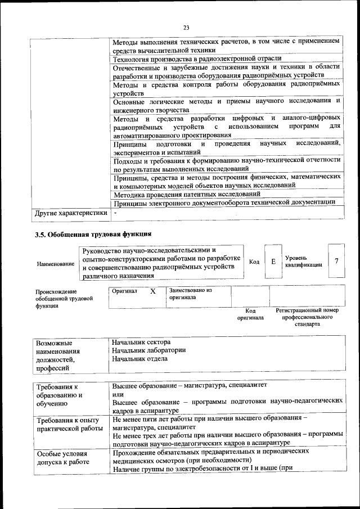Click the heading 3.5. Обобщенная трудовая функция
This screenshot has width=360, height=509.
pyautogui.click(x=93, y=233)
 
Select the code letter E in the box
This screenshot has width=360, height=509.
pyautogui.click(x=273, y=262)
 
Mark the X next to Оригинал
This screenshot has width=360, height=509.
pyautogui.click(x=152, y=291)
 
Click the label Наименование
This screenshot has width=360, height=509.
pyautogui.click(x=55, y=263)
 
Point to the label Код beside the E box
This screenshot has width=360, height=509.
pyautogui.click(x=254, y=262)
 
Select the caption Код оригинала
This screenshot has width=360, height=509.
pyautogui.click(x=250, y=314)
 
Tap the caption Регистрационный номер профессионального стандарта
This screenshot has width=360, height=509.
pyautogui.click(x=307, y=317)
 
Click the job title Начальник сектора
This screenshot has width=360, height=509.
pyautogui.click(x=141, y=342)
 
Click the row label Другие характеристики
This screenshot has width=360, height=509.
pyautogui.click(x=71, y=213)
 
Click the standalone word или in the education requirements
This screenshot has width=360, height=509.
pyautogui.click(x=117, y=394)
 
